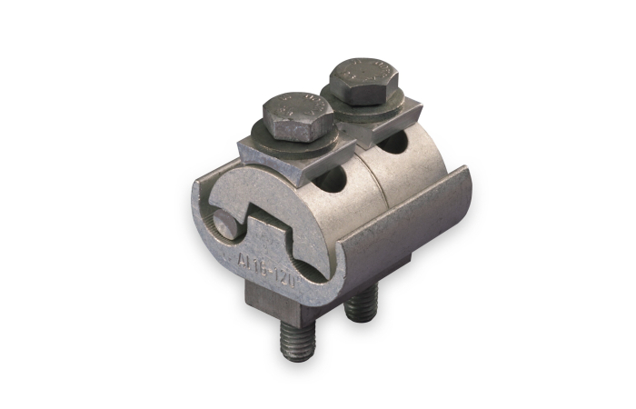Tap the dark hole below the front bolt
point(333,182)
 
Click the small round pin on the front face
point(222,223)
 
